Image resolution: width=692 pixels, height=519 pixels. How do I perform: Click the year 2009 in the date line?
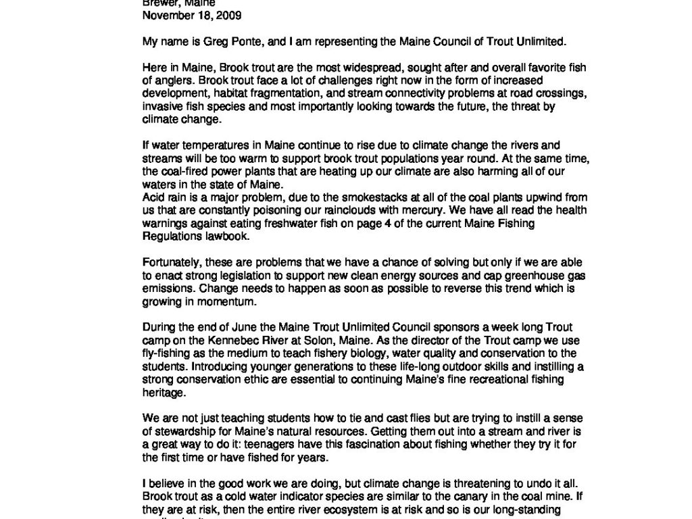click(x=229, y=15)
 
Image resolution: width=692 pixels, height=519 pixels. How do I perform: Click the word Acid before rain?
click(x=153, y=197)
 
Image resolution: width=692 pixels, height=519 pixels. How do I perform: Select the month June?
click(x=234, y=328)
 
